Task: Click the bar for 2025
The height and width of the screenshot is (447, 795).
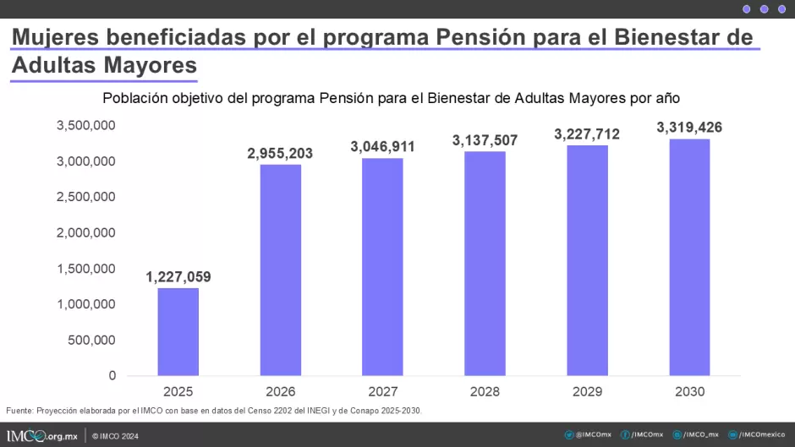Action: point(178,332)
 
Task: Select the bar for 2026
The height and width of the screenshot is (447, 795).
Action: point(281,270)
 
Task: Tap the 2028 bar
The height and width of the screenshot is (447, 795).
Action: point(485,264)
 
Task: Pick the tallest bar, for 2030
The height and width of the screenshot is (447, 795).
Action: point(689,258)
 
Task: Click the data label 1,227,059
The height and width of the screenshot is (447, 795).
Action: point(178,276)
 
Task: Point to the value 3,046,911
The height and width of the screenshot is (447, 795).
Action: point(383,147)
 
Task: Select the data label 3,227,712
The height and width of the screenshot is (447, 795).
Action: point(587,134)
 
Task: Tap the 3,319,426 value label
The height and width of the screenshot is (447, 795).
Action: point(689,128)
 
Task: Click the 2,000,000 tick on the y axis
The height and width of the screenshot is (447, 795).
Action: point(85,232)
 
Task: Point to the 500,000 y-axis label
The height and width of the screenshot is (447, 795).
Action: point(92,340)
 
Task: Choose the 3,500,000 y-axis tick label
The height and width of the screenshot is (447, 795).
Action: point(85,125)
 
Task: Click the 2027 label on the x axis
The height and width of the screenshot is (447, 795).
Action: point(383,392)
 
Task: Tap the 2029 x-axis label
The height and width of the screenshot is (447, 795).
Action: point(587,392)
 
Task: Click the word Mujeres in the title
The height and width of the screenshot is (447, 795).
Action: point(55,37)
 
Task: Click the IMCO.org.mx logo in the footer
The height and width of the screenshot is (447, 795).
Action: point(42,436)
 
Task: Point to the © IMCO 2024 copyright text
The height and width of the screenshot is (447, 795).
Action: point(115,436)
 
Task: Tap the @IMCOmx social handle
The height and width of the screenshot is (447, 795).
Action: point(588,435)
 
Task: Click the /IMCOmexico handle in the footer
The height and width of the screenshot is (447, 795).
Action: point(757,435)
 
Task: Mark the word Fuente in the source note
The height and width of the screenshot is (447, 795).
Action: point(19,411)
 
